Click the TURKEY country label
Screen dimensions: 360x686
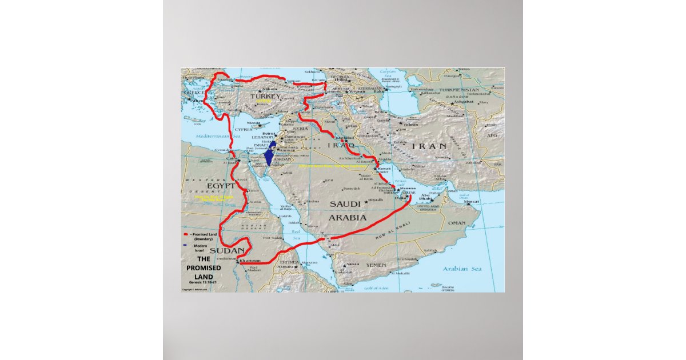[x=264, y=97]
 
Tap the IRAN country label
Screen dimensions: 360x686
[x=428, y=146]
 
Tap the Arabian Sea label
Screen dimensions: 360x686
[x=462, y=269]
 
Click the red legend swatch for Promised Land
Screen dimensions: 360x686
[x=186, y=234]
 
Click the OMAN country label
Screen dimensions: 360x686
[x=457, y=223]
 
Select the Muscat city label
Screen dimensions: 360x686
[x=472, y=202]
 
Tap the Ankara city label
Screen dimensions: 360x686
[x=269, y=90]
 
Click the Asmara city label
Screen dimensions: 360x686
[x=285, y=267]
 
